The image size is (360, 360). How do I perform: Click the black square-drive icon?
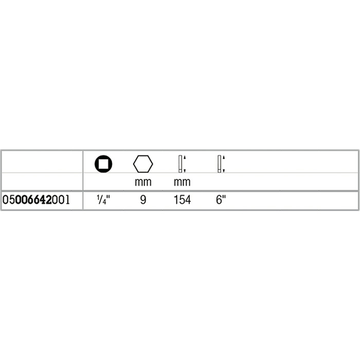tap(103, 164)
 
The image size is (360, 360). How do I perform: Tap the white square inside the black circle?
tap(103, 164)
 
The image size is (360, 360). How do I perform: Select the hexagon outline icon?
tap(143, 164)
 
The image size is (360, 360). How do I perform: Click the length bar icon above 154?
tap(180, 164)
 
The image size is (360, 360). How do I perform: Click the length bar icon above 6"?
tap(219, 164)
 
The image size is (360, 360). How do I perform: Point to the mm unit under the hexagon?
tap(143, 182)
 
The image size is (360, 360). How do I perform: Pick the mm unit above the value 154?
tap(182, 182)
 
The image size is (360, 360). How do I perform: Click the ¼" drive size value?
tap(103, 200)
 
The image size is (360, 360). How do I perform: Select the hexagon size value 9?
tap(143, 200)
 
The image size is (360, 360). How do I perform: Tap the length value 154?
tap(182, 200)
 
